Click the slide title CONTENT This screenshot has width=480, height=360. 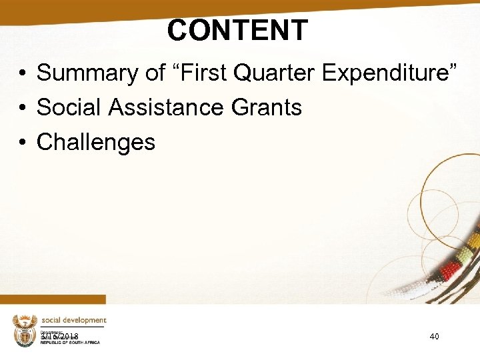pos(237,30)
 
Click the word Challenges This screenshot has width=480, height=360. pos(96,142)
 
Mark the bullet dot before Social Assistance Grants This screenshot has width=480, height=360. pos(22,108)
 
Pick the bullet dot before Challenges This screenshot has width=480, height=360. pos(22,143)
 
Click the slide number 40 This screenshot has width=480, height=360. pos(434,337)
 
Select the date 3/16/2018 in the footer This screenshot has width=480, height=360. pos(60,337)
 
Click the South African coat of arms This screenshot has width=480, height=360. pos(24,330)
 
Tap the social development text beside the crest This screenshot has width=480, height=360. pos(73,321)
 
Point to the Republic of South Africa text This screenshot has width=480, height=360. pos(70,343)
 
